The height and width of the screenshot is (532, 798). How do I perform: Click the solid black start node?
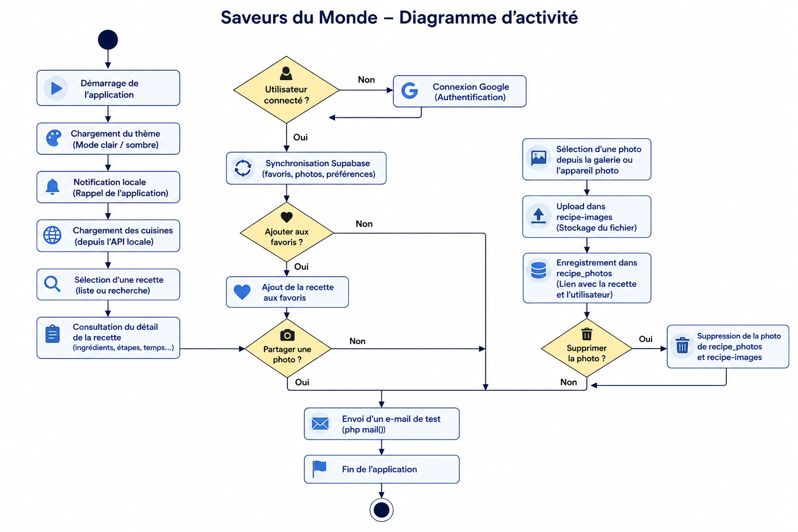pyautogui.click(x=108, y=39)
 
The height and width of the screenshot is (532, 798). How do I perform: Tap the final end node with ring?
pyautogui.click(x=381, y=510)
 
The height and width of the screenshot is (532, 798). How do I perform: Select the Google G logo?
pyautogui.click(x=410, y=90)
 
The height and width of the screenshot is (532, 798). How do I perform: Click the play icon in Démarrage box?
pyautogui.click(x=56, y=88)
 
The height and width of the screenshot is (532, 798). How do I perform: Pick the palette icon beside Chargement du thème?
pyautogui.click(x=54, y=138)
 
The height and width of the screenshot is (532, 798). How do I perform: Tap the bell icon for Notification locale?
pyautogui.click(x=52, y=187)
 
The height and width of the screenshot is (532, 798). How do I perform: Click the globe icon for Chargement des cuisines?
pyautogui.click(x=52, y=235)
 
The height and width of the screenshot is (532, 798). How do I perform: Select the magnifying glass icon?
pyautogui.click(x=52, y=284)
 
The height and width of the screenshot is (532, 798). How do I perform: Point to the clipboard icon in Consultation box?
pyautogui.click(x=52, y=334)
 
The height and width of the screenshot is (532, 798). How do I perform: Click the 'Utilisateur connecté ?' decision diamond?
pyautogui.click(x=286, y=90)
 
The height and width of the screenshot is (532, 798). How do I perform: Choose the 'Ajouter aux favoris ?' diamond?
pyautogui.click(x=287, y=232)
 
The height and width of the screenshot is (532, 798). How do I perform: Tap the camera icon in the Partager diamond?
pyautogui.click(x=287, y=335)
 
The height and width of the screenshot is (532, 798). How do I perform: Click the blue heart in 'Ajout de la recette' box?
pyautogui.click(x=242, y=292)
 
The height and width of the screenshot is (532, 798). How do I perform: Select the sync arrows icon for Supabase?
pyautogui.click(x=243, y=168)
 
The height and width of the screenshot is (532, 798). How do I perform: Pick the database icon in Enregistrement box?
pyautogui.click(x=538, y=270)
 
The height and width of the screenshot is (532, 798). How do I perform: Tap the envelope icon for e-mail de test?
pyautogui.click(x=320, y=423)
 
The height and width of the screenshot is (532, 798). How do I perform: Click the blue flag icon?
pyautogui.click(x=319, y=469)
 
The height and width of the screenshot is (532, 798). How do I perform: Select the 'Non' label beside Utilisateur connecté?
pyautogui.click(x=366, y=79)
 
